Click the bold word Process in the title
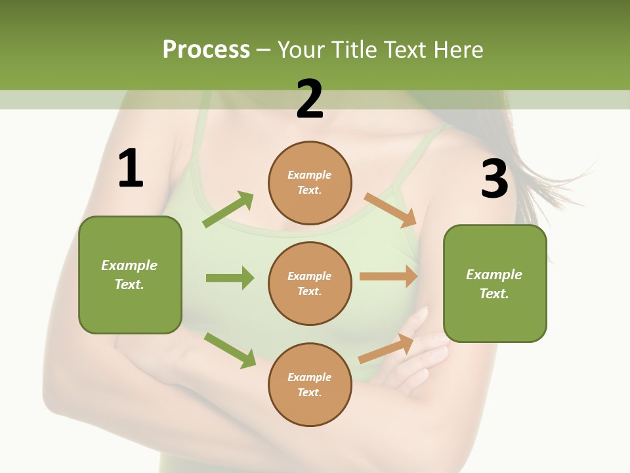click(x=206, y=49)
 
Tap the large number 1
click(x=131, y=169)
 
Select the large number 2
click(x=310, y=99)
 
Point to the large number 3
click(x=495, y=179)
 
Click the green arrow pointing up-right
click(x=228, y=210)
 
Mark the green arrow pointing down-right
click(x=230, y=349)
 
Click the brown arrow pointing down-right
click(x=390, y=210)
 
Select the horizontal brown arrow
click(x=388, y=276)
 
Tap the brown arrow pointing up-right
click(x=386, y=348)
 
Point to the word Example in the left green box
click(x=129, y=265)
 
